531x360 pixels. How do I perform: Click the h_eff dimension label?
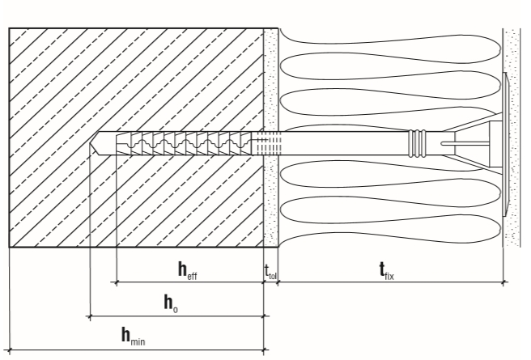pos(187,271)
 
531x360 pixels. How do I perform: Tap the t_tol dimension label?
pos(270,272)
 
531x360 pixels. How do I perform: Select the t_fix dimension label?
pos(386,271)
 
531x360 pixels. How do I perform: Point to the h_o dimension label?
pos(171,303)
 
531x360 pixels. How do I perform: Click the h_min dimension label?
pos(134,337)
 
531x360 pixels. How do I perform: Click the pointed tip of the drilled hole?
pos(91,143)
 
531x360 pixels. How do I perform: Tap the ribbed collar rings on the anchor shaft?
pos(417,143)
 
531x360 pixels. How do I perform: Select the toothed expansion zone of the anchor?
pos(184,143)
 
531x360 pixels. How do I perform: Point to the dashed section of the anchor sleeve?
pos(270,143)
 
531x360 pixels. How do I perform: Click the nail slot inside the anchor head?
pos(465,144)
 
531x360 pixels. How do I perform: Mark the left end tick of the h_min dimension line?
pos(9,349)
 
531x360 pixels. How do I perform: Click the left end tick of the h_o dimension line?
pos(90,316)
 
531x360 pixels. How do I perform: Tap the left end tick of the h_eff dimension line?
pos(117,282)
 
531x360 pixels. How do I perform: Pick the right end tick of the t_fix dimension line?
pos(503,282)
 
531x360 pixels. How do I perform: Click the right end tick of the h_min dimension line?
pos(264,349)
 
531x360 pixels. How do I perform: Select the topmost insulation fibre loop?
pos(389,37)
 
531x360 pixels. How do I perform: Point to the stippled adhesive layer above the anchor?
pos(271,79)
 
